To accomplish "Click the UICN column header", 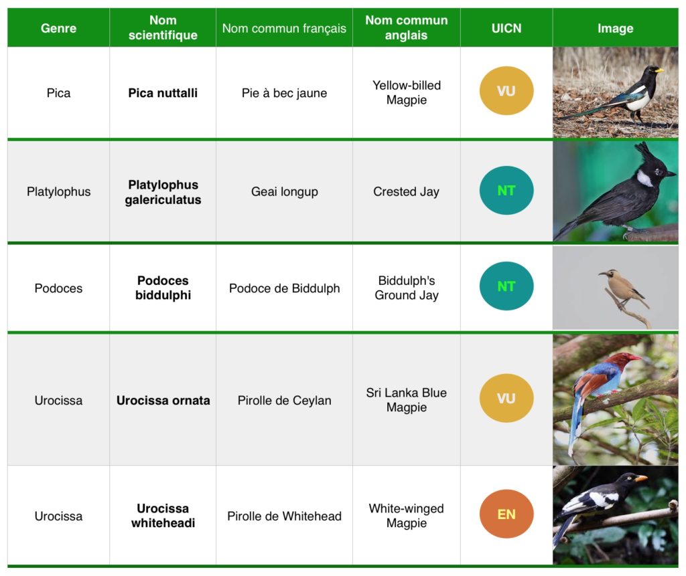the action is point(506,28).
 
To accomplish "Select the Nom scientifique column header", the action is point(163,27).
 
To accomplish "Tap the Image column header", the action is point(615,28).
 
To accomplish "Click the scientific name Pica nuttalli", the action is point(163,92).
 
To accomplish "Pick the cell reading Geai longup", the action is point(284,191).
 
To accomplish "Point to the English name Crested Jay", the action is point(406,191).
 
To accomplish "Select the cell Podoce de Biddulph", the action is point(284,288).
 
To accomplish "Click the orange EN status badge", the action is point(506,514).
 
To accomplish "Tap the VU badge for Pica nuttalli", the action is point(506,91).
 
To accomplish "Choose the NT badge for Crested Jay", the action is point(506,191).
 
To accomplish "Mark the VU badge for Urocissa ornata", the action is point(506,398).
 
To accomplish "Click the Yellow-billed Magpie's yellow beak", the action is point(659,70).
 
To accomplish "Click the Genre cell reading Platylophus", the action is point(59,191).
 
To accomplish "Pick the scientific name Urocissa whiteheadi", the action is point(163,516).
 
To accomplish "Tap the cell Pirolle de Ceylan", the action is point(284,400).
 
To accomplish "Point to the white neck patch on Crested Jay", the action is point(644,178).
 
